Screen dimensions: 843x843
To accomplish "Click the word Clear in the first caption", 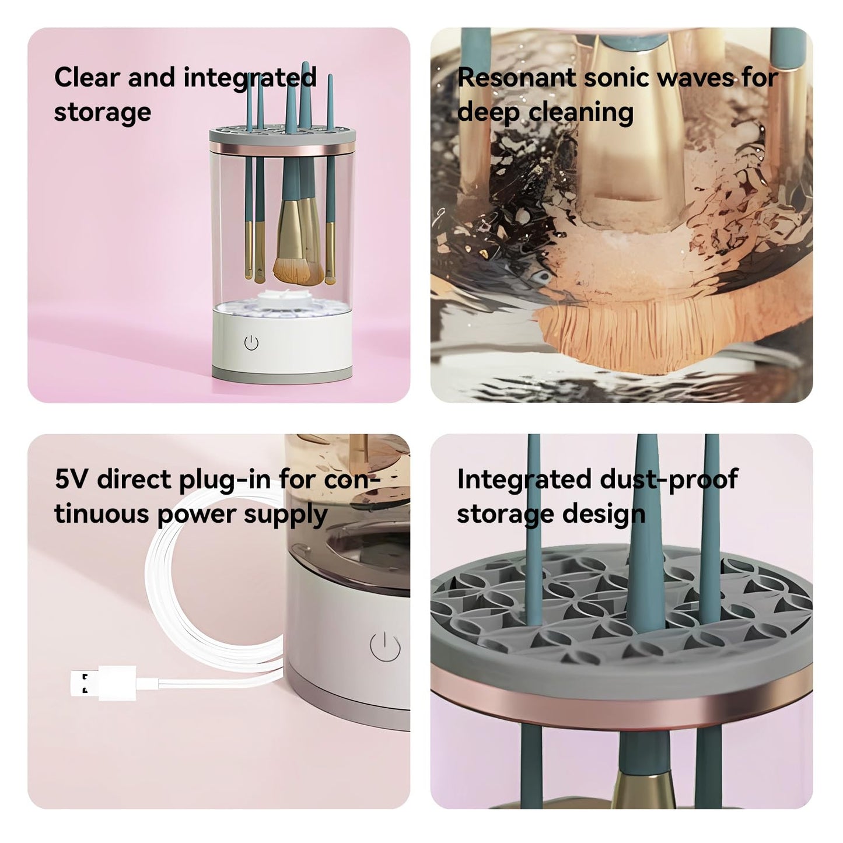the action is (86, 78).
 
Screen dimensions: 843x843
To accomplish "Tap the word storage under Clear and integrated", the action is (102, 113).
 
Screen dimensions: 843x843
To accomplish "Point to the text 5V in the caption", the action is (71, 480).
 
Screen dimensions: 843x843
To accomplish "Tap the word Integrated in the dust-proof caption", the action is (524, 480).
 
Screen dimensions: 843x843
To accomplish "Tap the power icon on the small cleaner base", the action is (251, 343).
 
